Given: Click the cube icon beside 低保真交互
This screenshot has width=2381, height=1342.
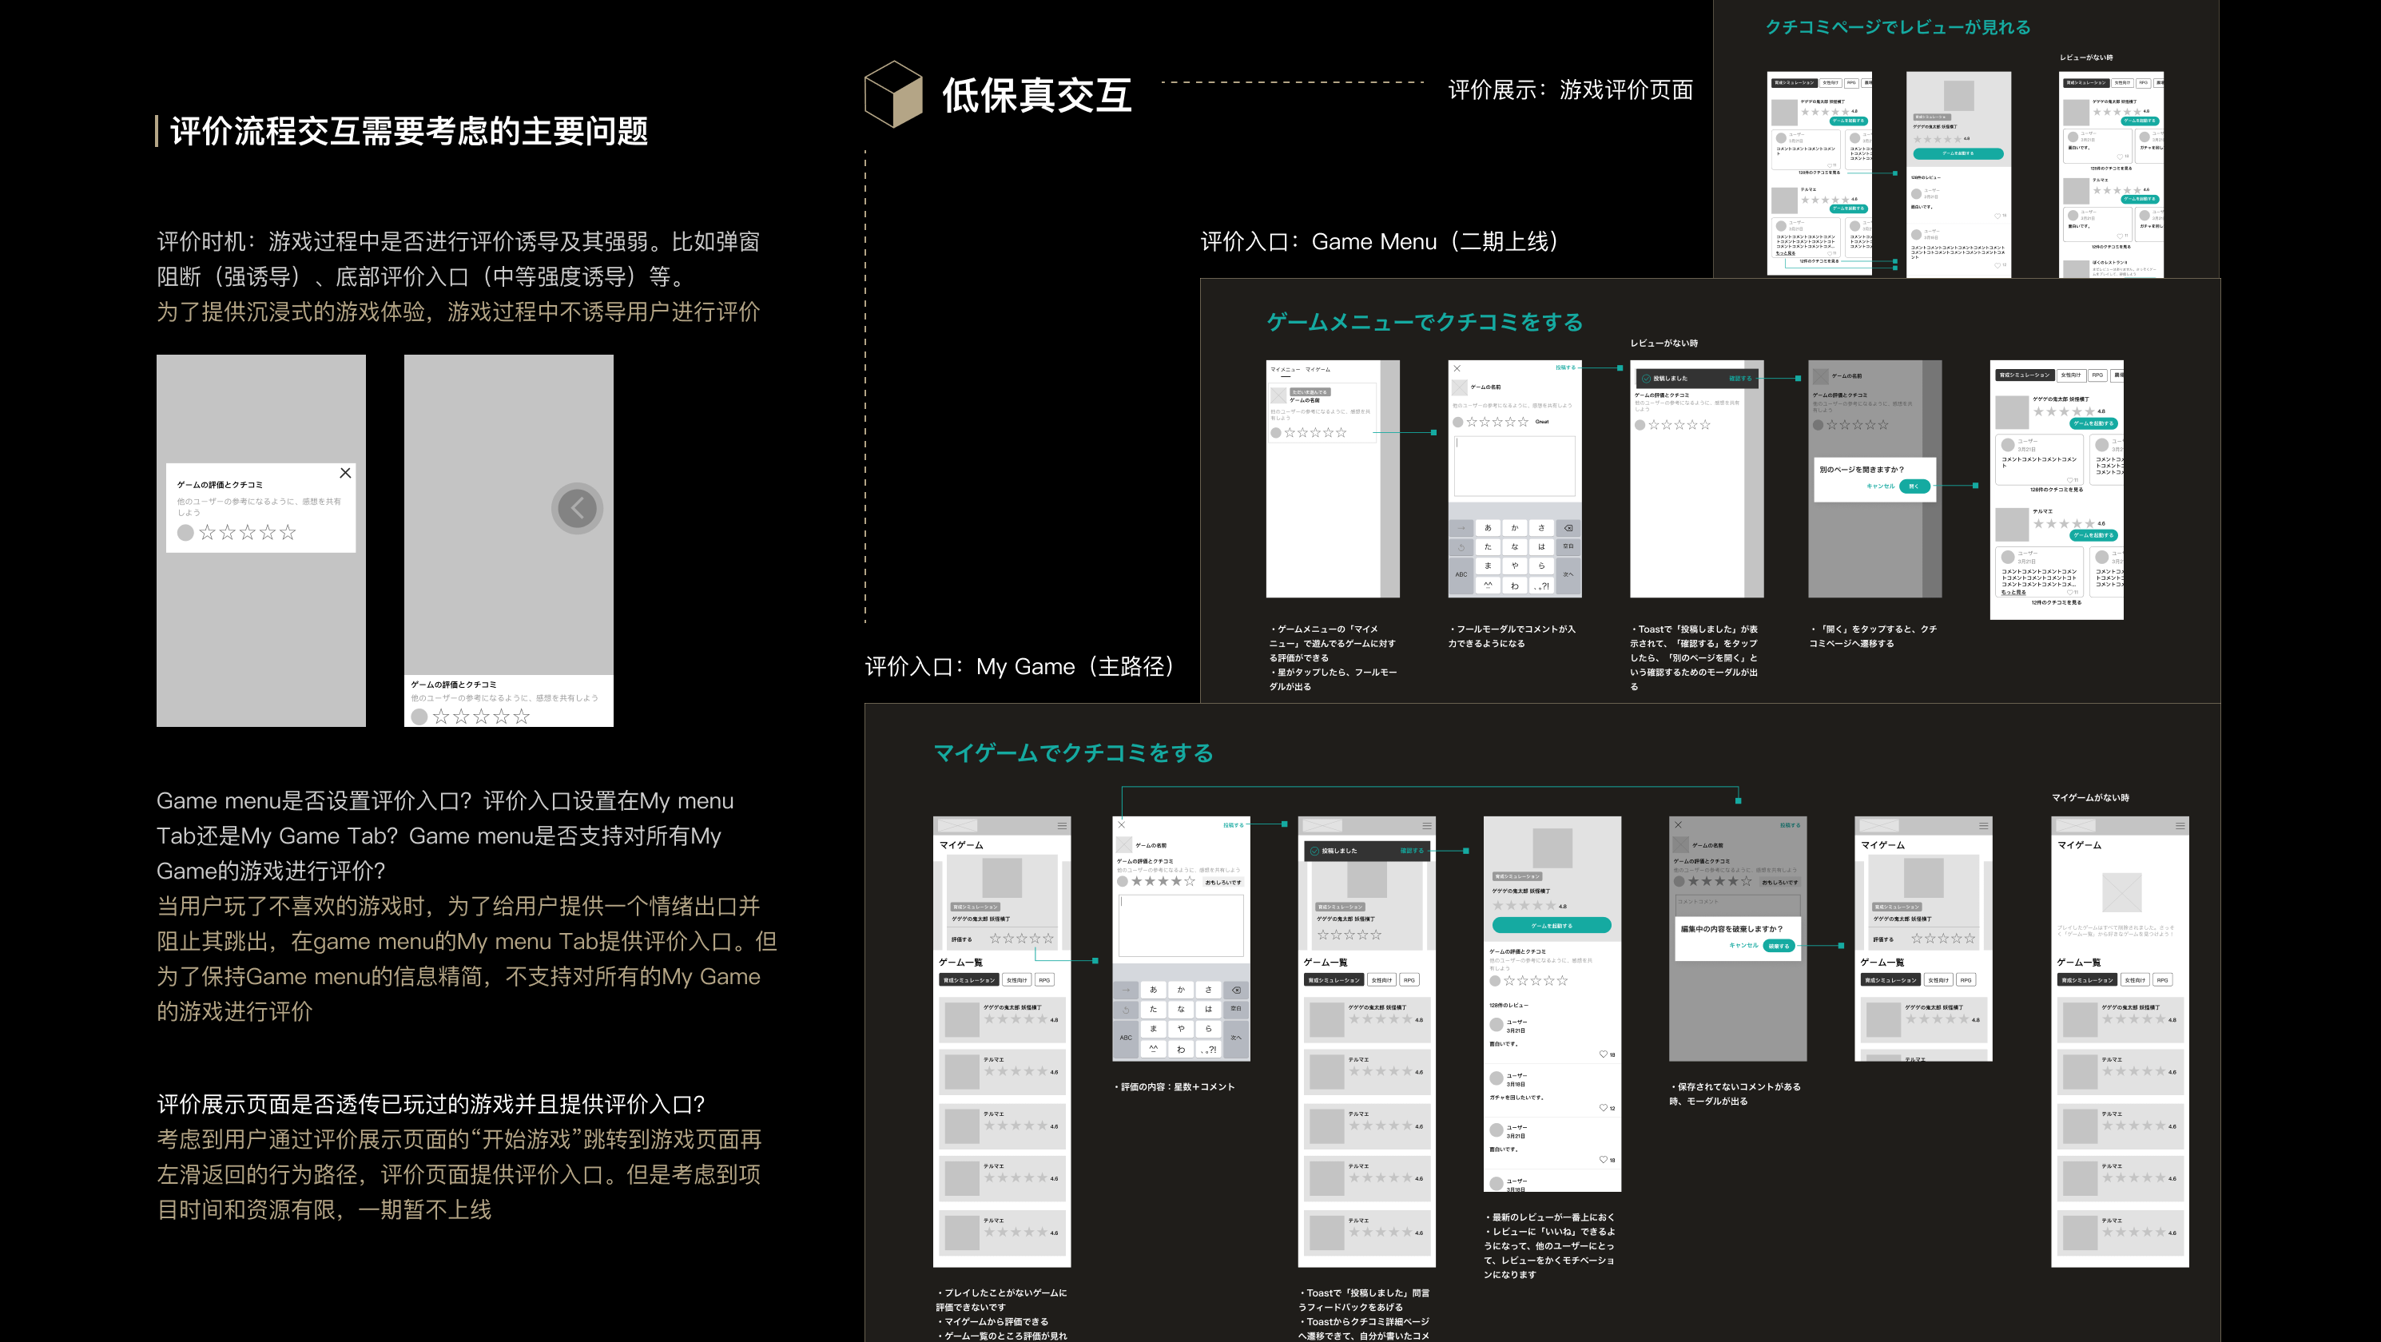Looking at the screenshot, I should coord(893,94).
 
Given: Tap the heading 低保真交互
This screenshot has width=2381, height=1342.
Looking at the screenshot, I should coord(1036,96).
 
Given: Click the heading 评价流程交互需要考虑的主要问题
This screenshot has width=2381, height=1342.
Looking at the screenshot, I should coord(408,131).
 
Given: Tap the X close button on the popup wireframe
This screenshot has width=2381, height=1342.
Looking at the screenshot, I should coord(344,473).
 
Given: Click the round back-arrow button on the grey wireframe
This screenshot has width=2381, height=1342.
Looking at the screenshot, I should coord(577,507).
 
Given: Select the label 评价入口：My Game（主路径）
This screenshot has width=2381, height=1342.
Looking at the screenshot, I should coord(1019,666).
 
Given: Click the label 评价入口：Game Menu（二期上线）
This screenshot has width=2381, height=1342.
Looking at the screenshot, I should coord(1378,242).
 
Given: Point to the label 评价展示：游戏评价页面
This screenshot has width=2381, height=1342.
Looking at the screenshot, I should coord(1569,89).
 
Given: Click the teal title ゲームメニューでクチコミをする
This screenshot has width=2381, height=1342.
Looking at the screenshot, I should coord(1424,323).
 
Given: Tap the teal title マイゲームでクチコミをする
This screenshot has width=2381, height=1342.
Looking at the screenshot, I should coord(1072,753).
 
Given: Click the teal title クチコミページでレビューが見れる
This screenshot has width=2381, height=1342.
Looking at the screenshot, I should coord(1897,28).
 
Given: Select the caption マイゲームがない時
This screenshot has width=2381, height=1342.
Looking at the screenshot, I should coord(2090,798).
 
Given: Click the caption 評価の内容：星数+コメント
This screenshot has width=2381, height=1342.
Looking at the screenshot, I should coord(1175,1087).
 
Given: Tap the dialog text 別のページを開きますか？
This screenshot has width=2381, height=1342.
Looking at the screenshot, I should coord(1862,470).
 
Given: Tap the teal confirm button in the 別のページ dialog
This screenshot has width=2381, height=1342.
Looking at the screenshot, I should coord(1914,486).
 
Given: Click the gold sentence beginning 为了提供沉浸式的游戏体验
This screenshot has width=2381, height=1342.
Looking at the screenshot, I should coord(458,312).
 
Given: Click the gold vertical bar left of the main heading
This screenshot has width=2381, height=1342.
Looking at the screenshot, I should coord(157,131).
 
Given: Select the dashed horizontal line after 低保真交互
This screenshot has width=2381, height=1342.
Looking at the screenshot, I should coord(1292,82).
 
